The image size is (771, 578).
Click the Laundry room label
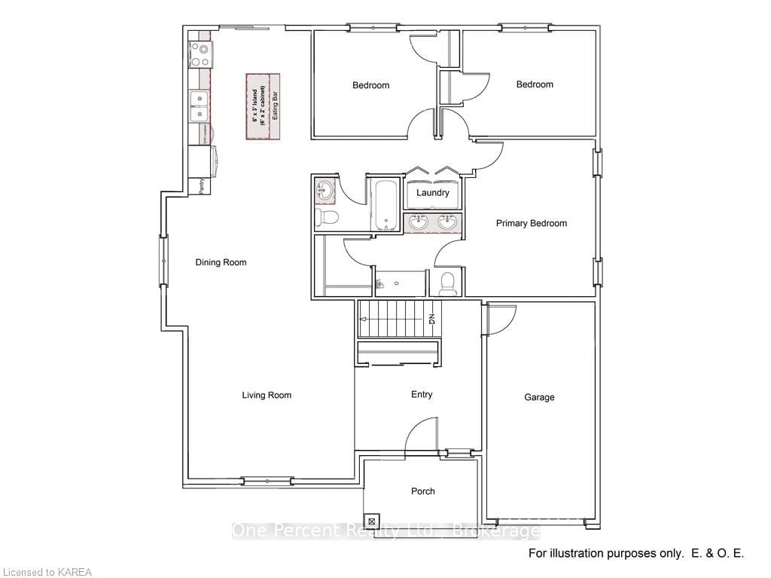pos(433,193)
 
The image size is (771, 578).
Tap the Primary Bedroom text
pos(531,223)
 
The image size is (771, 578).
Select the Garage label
pos(539,397)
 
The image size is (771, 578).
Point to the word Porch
pos(422,491)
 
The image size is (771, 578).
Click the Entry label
pos(422,395)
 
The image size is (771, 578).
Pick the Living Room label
pos(267,395)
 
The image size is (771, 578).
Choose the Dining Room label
pos(221,262)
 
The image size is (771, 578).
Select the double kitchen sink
pos(200,106)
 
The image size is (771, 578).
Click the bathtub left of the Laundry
pos(385,205)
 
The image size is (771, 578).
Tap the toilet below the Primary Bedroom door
pos(446,283)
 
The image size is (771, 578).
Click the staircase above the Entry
pos(398,319)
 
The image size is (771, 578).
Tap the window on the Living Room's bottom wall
pos(267,481)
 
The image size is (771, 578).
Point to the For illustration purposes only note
pos(635,554)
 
